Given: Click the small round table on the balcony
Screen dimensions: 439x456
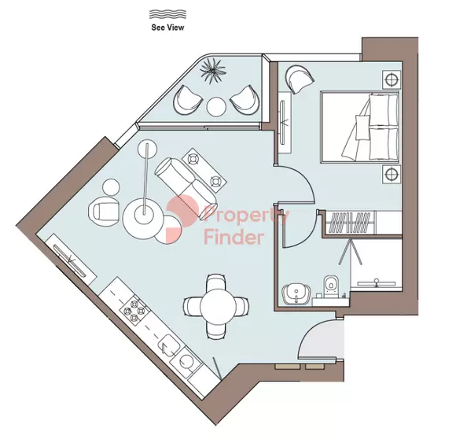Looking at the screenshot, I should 216,105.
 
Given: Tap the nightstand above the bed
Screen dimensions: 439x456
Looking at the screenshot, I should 390,79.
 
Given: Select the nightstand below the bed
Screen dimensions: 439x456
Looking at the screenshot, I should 390,174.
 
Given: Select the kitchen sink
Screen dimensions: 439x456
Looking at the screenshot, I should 170,345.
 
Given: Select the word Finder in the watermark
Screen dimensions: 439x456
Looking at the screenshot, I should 233,236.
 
